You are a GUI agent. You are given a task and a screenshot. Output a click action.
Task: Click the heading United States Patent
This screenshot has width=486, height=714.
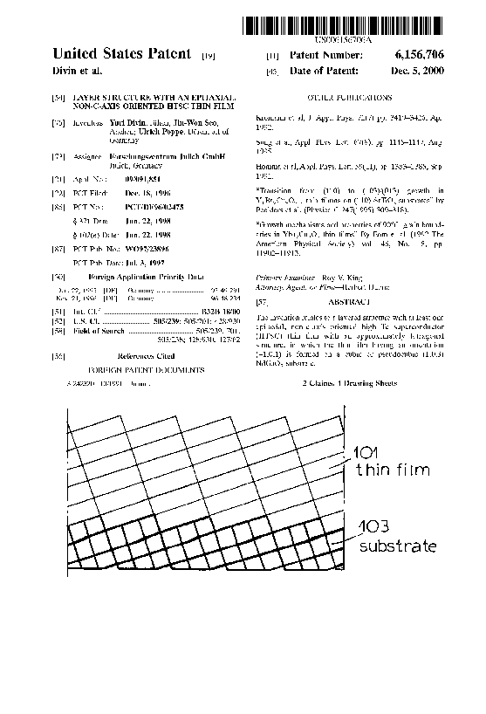click(121, 54)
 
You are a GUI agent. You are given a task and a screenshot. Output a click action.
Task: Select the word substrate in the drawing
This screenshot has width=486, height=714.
click(396, 546)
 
